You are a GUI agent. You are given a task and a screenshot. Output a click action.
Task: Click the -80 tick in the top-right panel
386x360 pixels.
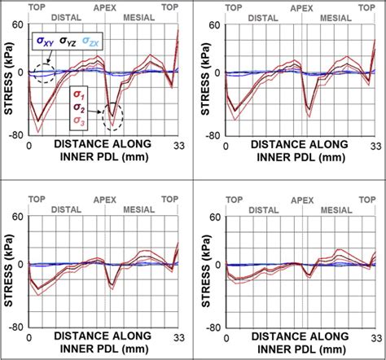point(213,136)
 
